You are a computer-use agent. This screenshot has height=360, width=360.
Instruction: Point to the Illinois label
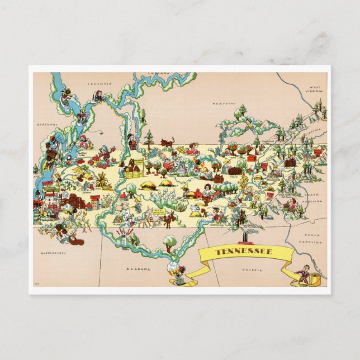pos(100,83)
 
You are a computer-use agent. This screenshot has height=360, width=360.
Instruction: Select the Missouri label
pos(48,124)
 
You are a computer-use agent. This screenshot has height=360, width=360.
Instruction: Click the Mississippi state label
pos(53,253)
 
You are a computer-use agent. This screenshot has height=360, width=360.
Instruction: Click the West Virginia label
pos(316,90)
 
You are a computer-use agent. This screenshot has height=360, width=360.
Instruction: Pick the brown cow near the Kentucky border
pos(167,143)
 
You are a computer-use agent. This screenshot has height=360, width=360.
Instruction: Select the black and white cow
pos(195,209)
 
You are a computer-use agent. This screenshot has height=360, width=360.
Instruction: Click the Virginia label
pos(315,131)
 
